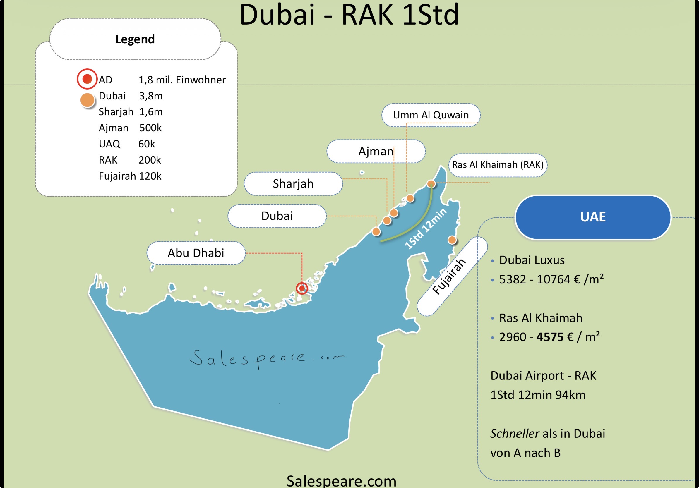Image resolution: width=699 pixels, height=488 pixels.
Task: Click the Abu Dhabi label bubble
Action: pyautogui.click(x=196, y=253)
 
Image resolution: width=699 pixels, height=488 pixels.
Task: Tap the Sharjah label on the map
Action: pyautogui.click(x=293, y=184)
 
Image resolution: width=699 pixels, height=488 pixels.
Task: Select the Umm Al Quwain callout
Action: pyautogui.click(x=431, y=115)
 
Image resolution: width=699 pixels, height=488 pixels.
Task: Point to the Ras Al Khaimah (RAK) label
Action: pyautogui.click(x=497, y=165)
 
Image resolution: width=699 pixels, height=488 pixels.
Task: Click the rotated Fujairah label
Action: pyautogui.click(x=449, y=276)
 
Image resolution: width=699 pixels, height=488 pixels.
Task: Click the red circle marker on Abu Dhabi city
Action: pyautogui.click(x=302, y=288)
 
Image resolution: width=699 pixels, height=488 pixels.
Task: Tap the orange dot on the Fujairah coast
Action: pyautogui.click(x=452, y=240)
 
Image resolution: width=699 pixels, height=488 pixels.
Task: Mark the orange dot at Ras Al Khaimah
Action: pyautogui.click(x=431, y=184)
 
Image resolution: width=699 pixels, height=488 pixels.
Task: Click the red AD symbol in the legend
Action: pyautogui.click(x=87, y=79)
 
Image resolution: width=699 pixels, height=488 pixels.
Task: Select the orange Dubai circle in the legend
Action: pyautogui.click(x=87, y=100)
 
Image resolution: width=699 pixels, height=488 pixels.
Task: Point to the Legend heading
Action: pyautogui.click(x=135, y=39)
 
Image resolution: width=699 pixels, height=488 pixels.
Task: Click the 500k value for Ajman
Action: pyautogui.click(x=150, y=128)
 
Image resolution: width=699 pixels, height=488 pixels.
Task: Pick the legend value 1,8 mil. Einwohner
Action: pyautogui.click(x=182, y=80)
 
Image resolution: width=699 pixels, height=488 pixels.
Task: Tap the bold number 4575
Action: pyautogui.click(x=550, y=337)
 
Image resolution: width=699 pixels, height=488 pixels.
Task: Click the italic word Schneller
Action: pyautogui.click(x=515, y=434)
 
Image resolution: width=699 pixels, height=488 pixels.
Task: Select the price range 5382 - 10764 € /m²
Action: pyautogui.click(x=551, y=279)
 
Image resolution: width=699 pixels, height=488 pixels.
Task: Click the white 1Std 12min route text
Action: pyautogui.click(x=425, y=229)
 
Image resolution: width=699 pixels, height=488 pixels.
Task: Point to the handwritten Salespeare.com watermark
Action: pyautogui.click(x=266, y=359)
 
